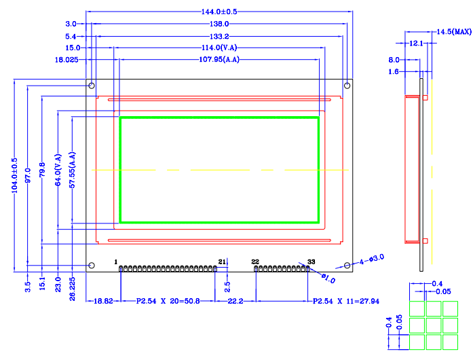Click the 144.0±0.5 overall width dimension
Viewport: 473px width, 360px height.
click(219, 12)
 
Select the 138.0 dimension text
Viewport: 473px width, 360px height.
click(219, 24)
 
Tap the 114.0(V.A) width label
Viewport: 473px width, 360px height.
click(219, 48)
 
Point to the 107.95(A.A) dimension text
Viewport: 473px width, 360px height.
click(219, 60)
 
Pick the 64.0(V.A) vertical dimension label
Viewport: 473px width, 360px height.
click(58, 171)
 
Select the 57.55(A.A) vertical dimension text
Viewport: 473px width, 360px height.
click(72, 171)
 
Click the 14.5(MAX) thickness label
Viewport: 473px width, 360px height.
click(453, 32)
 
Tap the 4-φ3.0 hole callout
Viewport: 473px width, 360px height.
click(372, 258)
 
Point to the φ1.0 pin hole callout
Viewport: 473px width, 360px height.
click(328, 279)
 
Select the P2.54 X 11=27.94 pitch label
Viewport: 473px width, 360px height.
click(345, 300)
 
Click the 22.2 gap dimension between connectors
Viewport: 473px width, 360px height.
click(235, 300)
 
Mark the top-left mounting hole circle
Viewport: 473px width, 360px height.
click(91, 86)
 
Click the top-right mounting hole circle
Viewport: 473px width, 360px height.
click(347, 86)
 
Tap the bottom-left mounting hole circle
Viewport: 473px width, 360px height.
click(91, 265)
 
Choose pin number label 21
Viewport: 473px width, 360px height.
click(222, 262)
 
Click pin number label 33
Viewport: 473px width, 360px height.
click(311, 262)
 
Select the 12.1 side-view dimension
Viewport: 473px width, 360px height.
click(416, 43)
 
